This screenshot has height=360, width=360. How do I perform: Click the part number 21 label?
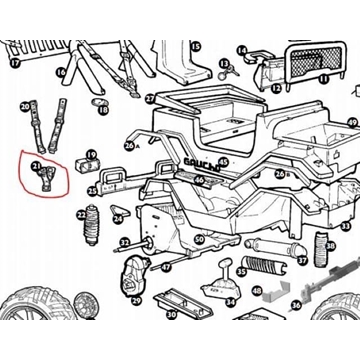pos(37,167)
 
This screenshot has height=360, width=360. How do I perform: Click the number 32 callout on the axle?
pos(124,242)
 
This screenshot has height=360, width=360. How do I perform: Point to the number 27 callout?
pos(149,100)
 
